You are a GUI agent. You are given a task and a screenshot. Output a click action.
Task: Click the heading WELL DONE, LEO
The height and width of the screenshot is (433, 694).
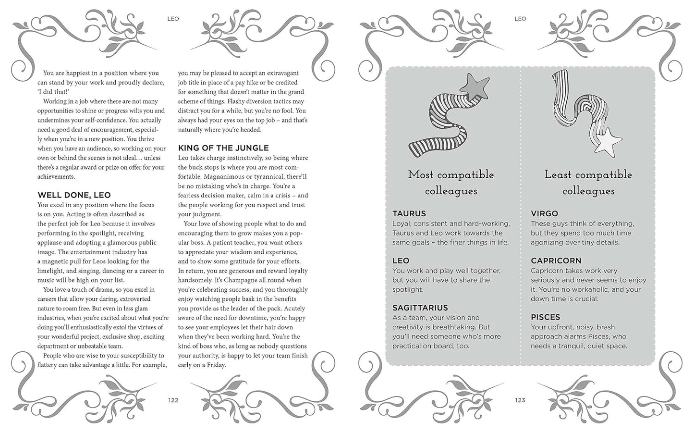pyautogui.click(x=74, y=195)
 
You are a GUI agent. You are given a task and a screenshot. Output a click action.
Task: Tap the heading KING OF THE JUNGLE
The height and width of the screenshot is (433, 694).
pyautogui.click(x=223, y=148)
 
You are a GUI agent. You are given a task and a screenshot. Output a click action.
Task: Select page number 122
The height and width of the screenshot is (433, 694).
pyautogui.click(x=173, y=400)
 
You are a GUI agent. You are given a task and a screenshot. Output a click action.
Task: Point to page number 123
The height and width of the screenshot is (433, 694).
pyautogui.click(x=520, y=400)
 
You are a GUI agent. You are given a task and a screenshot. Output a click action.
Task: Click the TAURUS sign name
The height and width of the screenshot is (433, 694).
pyautogui.click(x=409, y=213)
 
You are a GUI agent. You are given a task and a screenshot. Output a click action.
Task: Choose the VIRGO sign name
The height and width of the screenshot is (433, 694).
pyautogui.click(x=544, y=213)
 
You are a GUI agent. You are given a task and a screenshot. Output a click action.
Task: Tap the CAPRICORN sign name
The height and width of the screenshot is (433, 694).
pyautogui.click(x=556, y=260)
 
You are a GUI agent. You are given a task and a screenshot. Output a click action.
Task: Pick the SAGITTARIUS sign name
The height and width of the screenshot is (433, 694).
pyautogui.click(x=420, y=308)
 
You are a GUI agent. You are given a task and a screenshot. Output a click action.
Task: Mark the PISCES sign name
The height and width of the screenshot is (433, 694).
pyautogui.click(x=545, y=317)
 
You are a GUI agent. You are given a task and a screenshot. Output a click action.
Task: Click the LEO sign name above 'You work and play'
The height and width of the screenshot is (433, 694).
pyautogui.click(x=401, y=260)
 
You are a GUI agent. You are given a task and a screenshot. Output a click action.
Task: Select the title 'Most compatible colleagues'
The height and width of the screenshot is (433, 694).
pyautogui.click(x=451, y=183)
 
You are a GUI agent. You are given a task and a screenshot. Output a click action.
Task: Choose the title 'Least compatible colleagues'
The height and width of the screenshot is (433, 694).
pyautogui.click(x=588, y=183)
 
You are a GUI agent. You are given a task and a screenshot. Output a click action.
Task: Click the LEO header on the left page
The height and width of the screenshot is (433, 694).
pyautogui.click(x=173, y=19)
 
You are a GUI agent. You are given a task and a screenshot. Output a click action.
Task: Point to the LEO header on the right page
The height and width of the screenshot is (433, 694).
pyautogui.click(x=520, y=19)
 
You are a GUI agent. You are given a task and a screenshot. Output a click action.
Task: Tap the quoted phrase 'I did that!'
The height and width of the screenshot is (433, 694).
pyautogui.click(x=53, y=92)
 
